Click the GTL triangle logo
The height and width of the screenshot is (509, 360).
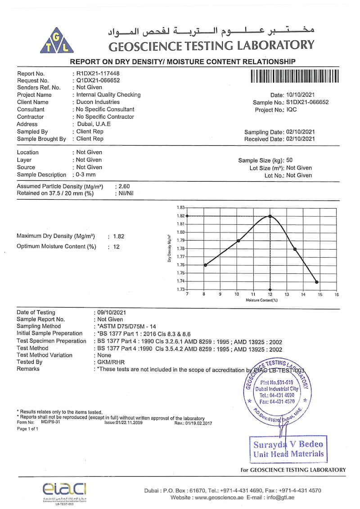coord(60,40)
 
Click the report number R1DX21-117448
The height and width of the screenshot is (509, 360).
coord(99,73)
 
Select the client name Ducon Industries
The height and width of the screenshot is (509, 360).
coord(98,102)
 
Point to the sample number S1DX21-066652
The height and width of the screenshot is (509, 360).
coord(307,102)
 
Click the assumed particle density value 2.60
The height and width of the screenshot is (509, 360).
coord(123,186)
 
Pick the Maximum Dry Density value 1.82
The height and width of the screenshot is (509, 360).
coord(118,237)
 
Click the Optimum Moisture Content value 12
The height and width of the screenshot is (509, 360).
coord(116,246)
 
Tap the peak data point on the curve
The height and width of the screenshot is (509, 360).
coord(270,216)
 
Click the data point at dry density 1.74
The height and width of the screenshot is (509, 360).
coord(317,282)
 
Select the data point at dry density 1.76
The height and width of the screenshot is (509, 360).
coord(205,265)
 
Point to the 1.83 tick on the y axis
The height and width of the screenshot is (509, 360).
coord(180,208)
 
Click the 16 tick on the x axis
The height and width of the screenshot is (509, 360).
coord(337,295)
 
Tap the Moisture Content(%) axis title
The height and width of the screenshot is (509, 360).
coord(261,299)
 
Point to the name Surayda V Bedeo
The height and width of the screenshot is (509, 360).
coord(288,444)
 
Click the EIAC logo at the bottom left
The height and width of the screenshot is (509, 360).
coord(64,489)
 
